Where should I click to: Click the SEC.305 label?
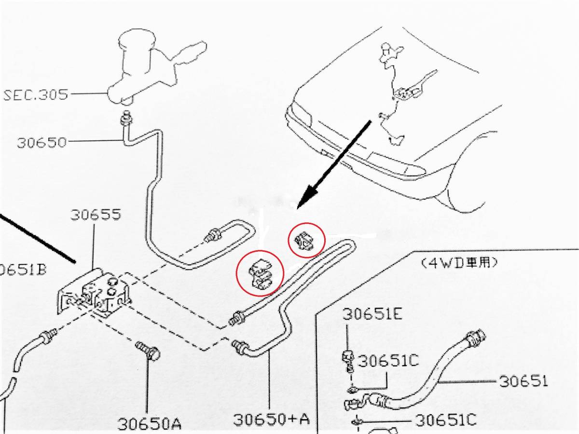[x=36, y=95]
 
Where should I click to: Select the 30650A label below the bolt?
[x=149, y=424]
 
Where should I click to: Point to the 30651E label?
[x=372, y=314]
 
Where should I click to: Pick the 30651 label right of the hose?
[x=523, y=381]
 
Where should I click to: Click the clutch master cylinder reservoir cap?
[x=136, y=39]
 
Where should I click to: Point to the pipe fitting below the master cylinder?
[x=126, y=118]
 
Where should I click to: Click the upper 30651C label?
[x=388, y=361]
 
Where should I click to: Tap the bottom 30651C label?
[x=446, y=420]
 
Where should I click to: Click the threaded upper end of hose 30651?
[x=476, y=338]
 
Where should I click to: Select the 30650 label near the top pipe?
[x=41, y=143]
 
